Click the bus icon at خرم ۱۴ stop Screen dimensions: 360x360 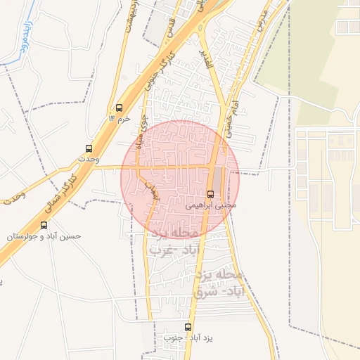[119, 108]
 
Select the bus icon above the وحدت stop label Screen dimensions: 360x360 [89, 148]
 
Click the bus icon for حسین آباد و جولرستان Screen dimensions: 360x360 [44, 225]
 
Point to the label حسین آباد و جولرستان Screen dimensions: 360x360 [44, 236]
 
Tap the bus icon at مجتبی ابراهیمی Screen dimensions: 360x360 [211, 194]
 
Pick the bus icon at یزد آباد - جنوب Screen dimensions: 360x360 [188, 327]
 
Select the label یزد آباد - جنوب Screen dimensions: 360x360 [188, 338]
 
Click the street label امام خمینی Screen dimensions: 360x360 [231, 116]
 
